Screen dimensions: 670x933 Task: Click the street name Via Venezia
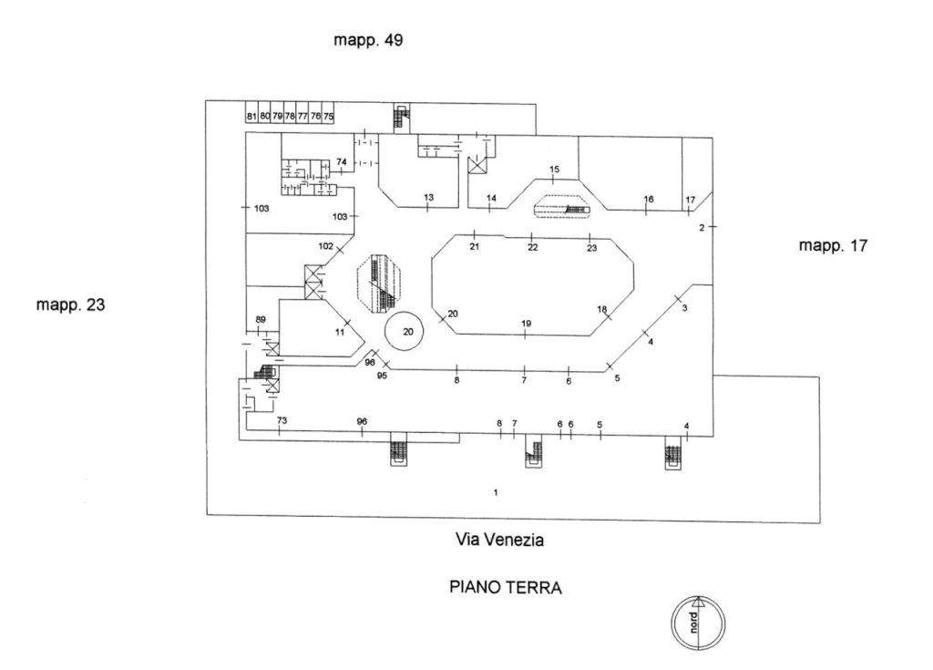499,540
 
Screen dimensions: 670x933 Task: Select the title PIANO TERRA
506,588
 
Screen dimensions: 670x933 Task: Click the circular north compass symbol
697,624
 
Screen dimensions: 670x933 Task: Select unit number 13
427,198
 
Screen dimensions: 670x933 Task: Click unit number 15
553,170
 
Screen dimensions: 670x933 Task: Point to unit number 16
649,199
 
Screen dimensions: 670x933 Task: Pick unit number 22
533,247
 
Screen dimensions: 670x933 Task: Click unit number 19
526,324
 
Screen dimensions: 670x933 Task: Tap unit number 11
340,332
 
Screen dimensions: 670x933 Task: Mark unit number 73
282,420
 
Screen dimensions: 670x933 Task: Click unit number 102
326,246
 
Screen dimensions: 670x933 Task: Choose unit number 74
342,161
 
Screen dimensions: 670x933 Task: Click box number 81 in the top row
251,117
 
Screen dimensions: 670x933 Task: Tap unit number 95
383,376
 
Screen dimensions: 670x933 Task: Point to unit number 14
491,198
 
